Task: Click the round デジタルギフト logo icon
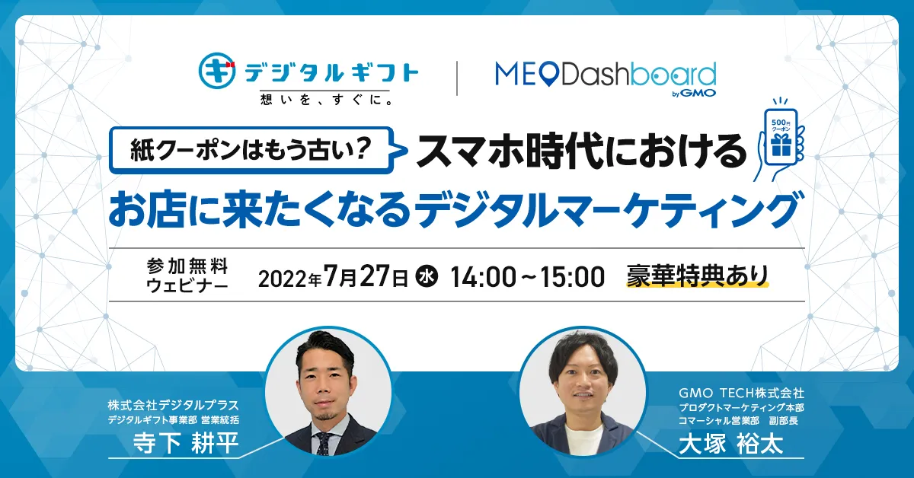[x=217, y=71]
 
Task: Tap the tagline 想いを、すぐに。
[x=327, y=99]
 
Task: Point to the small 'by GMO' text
[x=694, y=94]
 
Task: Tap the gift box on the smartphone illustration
[x=781, y=145]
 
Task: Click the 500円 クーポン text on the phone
[x=781, y=126]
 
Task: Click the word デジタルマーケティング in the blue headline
[x=608, y=210]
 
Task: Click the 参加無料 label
[x=187, y=266]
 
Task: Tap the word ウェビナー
[x=187, y=285]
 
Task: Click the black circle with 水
[x=427, y=276]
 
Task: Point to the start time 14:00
[x=484, y=277]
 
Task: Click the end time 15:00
[x=572, y=277]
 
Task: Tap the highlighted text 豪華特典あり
[x=698, y=276]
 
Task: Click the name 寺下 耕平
[x=186, y=443]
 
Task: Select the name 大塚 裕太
[x=730, y=444]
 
